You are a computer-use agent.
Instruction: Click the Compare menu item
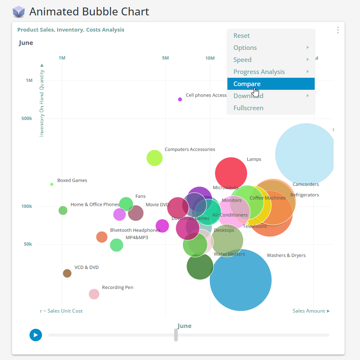pos(247,84)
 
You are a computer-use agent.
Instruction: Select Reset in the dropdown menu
pos(242,36)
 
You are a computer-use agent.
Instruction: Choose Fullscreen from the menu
pos(248,108)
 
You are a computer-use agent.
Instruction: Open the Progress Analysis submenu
pos(259,72)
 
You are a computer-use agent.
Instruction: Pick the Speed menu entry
pos(242,60)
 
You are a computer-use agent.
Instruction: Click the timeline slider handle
pos(176,335)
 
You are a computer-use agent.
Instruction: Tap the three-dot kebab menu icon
pos(338,30)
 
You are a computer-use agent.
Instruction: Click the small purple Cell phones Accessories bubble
pos(180,99)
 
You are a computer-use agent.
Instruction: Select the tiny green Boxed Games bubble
pos(52,184)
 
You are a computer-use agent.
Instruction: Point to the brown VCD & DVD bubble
pos(67,273)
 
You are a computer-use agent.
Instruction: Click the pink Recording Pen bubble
pos(94,294)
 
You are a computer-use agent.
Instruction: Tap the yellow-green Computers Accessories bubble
pos(155,158)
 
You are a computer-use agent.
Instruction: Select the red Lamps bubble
pos(231,173)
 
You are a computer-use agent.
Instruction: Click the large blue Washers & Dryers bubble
pos(241,280)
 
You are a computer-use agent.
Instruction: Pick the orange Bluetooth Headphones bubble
pos(102,237)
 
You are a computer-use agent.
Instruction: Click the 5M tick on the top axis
pos(165,58)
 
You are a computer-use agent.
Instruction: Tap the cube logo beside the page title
pos(19,12)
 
